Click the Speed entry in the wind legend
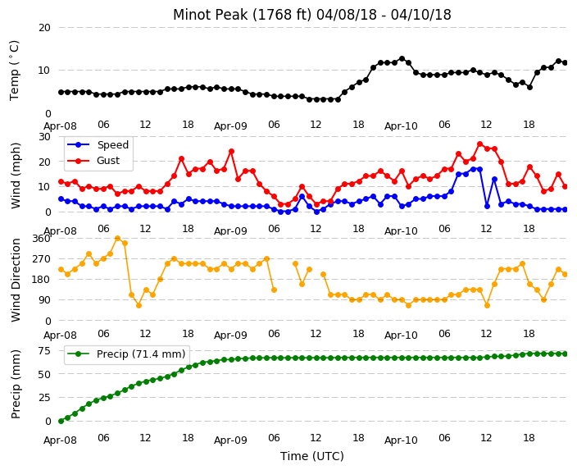[112, 144]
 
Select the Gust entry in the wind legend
[108, 161]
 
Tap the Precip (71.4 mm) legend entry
[141, 354]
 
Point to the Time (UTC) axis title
[312, 456]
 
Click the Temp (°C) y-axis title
[15, 71]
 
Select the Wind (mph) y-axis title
[16, 176]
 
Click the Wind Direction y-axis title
[16, 280]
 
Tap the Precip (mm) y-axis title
[16, 384]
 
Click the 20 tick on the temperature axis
[44, 28]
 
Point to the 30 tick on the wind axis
[44, 137]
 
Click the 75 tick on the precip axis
[44, 350]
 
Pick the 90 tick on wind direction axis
[44, 300]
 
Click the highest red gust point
[479, 144]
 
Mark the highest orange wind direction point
[118, 239]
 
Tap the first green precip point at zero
[61, 421]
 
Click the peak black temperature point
[402, 58]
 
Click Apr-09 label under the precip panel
[231, 440]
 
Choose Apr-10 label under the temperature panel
[401, 126]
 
